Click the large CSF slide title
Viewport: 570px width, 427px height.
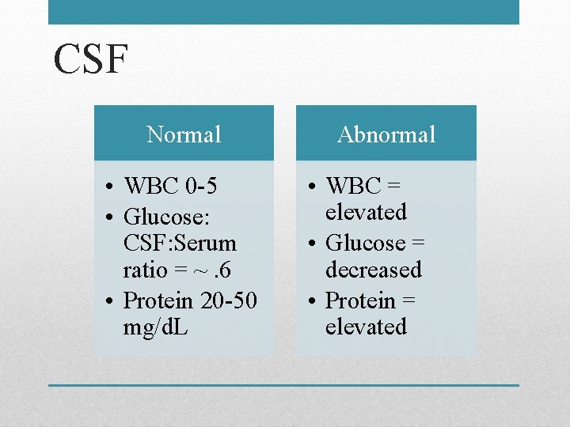coord(91,60)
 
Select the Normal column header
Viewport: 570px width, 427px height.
coord(184,134)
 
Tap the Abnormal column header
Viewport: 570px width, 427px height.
coord(386,134)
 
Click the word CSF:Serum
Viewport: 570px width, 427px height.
coord(180,243)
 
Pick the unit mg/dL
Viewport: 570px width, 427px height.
coord(155,327)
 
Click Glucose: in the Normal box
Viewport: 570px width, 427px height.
coord(165,215)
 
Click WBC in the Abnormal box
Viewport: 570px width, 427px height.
coord(354,186)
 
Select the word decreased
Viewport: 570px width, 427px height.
coord(374,270)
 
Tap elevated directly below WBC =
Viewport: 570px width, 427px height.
coord(366,212)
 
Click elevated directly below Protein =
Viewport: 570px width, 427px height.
coord(366,327)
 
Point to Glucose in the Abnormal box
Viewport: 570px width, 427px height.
coord(365,242)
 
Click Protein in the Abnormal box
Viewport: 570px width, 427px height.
coord(360,300)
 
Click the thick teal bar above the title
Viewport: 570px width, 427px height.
coord(283,12)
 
